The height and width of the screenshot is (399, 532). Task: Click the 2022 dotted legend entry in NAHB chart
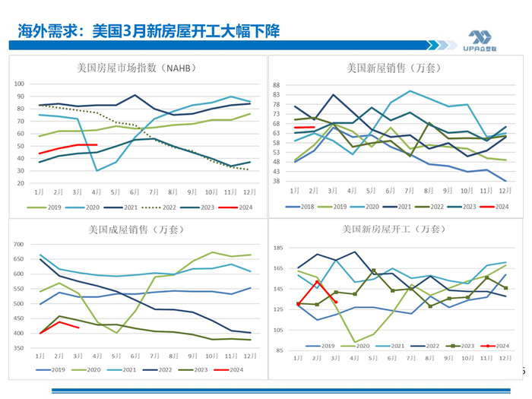pyautogui.click(x=173, y=206)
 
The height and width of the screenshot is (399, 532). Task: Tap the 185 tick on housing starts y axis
pyautogui.click(x=279, y=248)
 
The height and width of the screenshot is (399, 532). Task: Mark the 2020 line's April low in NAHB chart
pyautogui.click(x=97, y=170)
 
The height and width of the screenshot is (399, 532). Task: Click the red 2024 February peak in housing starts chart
pyautogui.click(x=317, y=282)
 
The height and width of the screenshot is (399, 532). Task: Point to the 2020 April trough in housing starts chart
pyautogui.click(x=354, y=342)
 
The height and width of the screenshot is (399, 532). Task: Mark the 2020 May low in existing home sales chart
pyautogui.click(x=117, y=333)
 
